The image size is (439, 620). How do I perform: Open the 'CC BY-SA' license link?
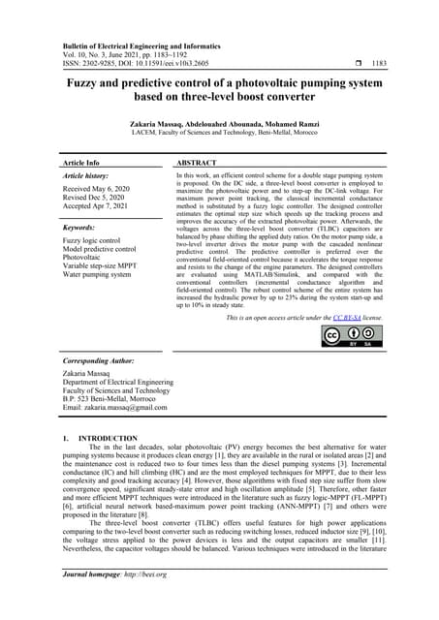(345, 317)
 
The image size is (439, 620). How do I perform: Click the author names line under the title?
(218, 125)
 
